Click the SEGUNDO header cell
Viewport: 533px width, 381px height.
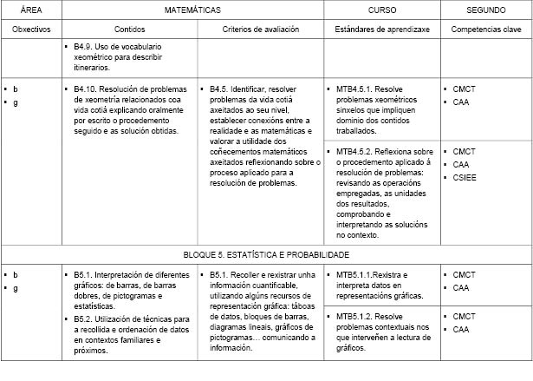(486, 10)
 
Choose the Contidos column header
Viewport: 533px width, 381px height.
(129, 30)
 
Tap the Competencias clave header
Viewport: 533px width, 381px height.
(486, 30)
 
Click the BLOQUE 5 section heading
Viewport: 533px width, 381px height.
(266, 255)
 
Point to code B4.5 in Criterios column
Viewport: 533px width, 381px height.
(221, 89)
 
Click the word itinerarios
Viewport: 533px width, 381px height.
(93, 66)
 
